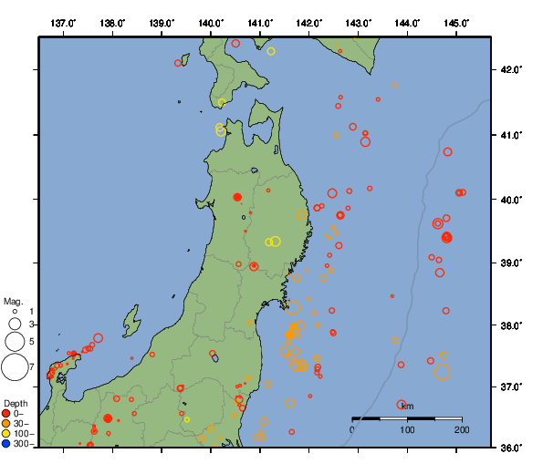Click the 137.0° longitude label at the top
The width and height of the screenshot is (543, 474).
[63, 22]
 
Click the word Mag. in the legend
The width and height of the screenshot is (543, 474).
[13, 301]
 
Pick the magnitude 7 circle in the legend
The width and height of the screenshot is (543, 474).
[14, 367]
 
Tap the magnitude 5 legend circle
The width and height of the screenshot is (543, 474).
[14, 341]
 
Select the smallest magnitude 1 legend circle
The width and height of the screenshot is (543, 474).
[14, 312]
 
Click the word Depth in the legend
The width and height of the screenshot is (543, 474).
[15, 403]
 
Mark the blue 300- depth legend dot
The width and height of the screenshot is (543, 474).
[7, 444]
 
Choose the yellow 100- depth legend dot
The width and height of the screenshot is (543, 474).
[7, 434]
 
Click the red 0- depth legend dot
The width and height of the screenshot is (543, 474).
[7, 414]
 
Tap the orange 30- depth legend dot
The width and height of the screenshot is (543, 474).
[7, 424]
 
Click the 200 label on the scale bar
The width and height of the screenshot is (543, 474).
[461, 429]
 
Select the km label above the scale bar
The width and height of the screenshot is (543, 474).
[407, 407]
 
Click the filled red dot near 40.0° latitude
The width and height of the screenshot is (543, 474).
[237, 197]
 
